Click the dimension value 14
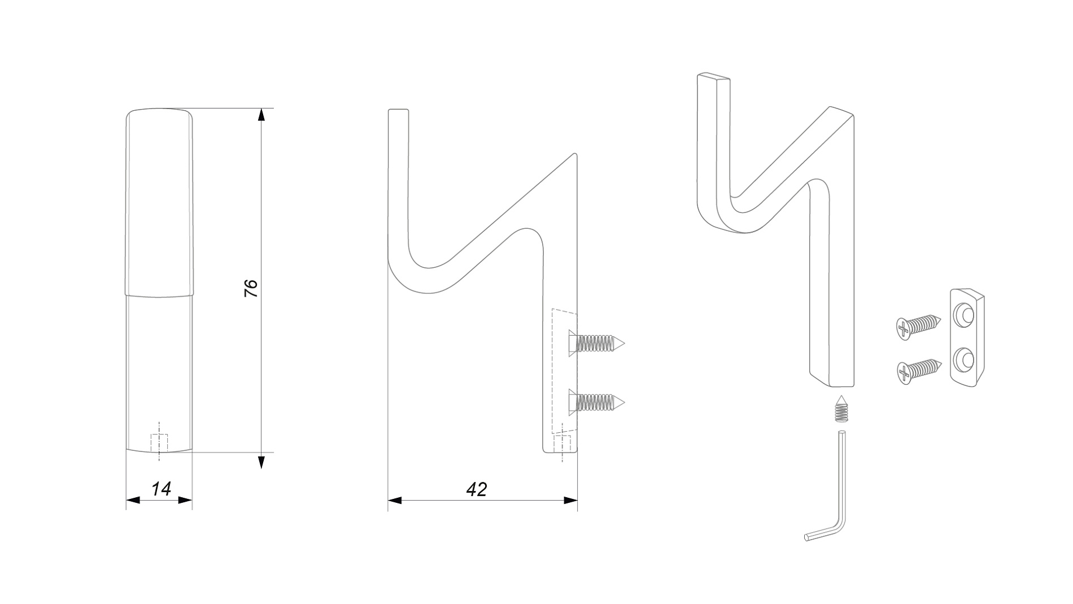click(x=162, y=489)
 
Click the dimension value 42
click(x=477, y=489)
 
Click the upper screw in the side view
click(x=596, y=343)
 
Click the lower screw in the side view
click(x=596, y=402)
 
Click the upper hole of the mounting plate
click(x=964, y=314)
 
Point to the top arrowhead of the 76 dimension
click(x=261, y=115)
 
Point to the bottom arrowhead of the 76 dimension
click(x=261, y=462)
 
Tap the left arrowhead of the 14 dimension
click(x=133, y=500)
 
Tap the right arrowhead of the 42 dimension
click(x=570, y=501)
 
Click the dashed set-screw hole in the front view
click(x=159, y=442)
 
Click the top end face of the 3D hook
click(x=714, y=77)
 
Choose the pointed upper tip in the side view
click(x=574, y=154)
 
